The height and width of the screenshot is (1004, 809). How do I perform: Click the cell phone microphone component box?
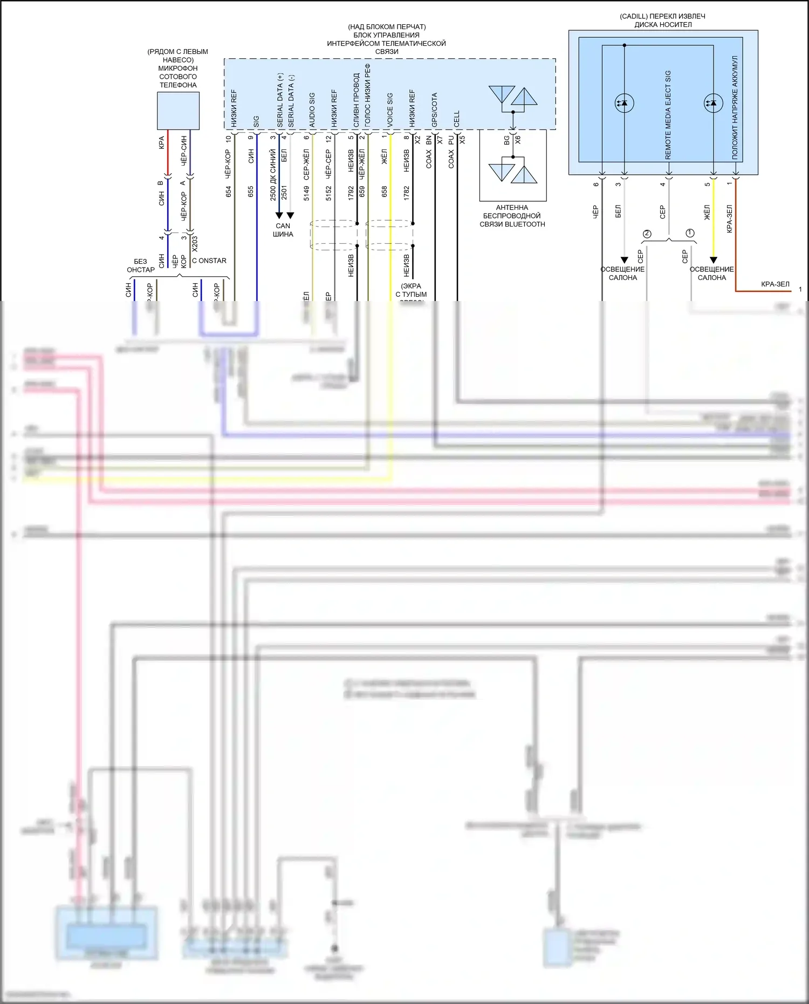point(178,111)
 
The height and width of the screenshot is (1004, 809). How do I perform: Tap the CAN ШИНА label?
point(283,230)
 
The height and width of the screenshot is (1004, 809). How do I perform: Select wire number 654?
point(229,192)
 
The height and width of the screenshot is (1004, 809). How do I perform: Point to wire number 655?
point(251,192)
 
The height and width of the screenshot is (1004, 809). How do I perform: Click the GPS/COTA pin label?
point(434,110)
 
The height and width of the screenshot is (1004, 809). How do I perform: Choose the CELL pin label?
point(457,119)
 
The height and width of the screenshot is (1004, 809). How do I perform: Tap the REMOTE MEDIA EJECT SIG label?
point(668,114)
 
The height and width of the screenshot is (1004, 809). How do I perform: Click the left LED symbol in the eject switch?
point(624,103)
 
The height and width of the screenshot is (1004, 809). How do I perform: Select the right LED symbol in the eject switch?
point(713,103)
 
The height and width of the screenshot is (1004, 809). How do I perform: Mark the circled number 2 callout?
point(647,234)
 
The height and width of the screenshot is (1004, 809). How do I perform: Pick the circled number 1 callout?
point(690,233)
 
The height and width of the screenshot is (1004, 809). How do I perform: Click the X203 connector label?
point(195,244)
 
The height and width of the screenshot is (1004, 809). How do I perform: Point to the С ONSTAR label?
point(209,261)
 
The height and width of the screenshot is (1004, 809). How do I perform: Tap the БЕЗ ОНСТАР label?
point(140,265)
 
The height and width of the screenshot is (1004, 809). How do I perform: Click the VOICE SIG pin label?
point(390,110)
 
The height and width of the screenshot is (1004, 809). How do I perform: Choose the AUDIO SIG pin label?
point(312,110)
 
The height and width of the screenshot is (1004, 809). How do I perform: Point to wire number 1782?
point(407,193)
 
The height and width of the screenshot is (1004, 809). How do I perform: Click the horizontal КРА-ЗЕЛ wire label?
point(775,284)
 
